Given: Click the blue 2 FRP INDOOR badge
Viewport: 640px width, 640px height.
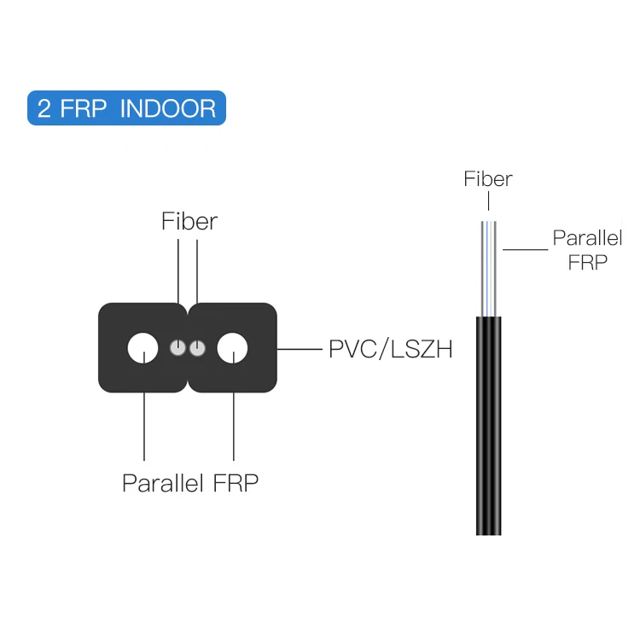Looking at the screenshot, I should click(x=126, y=108).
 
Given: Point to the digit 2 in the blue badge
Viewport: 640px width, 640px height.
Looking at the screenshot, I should click(x=45, y=109).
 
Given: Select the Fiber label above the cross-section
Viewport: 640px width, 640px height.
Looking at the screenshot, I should click(x=189, y=222).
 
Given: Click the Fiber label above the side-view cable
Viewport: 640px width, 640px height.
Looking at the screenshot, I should click(x=488, y=179).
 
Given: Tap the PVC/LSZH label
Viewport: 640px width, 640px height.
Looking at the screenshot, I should click(x=390, y=349).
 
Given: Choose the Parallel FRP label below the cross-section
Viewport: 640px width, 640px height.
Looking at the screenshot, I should click(x=190, y=483).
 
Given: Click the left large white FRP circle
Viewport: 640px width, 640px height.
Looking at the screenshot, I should click(x=143, y=348).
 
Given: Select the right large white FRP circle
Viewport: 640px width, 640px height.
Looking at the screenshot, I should click(x=232, y=348).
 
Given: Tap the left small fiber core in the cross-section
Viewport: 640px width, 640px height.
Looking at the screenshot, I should click(x=177, y=348).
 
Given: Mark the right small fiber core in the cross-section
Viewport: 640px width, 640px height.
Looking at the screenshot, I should click(x=197, y=348).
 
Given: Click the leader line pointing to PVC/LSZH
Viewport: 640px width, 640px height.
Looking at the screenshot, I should click(x=300, y=349).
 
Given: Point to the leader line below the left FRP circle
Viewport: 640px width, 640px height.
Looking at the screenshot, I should click(x=143, y=427).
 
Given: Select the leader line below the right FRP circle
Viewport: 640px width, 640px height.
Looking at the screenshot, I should click(x=233, y=427).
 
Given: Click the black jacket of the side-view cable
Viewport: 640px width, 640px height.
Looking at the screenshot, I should click(x=489, y=427).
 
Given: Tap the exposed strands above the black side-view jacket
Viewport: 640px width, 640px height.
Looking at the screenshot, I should click(x=489, y=269).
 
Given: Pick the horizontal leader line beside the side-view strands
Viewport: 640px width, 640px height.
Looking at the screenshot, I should click(x=525, y=250).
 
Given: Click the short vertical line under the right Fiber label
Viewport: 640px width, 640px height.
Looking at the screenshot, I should click(x=489, y=201).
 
